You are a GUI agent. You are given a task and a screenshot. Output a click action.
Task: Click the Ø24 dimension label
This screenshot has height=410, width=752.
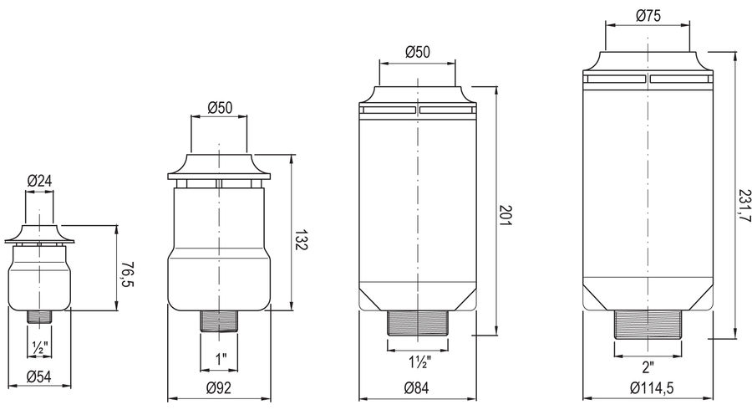pos(39,181)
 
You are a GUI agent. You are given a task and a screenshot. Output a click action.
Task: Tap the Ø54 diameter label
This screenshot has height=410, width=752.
pos(38,377)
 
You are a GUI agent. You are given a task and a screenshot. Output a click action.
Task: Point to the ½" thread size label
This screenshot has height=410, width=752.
pos(39,346)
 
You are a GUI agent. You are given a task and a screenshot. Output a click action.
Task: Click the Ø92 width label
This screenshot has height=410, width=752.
pos(219,387)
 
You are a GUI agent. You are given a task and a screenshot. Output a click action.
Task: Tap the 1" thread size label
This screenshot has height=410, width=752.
pos(220,359)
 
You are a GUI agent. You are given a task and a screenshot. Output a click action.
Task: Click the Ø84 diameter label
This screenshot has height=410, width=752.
pos(417,387)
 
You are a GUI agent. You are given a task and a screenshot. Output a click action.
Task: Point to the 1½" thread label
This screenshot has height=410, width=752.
pos(419,362)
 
